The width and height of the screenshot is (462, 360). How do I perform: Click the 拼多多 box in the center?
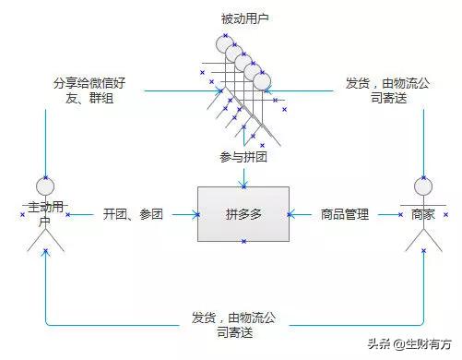click(x=243, y=214)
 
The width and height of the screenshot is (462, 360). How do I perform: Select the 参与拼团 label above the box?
click(x=243, y=157)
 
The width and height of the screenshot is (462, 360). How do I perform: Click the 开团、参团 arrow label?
click(x=133, y=214)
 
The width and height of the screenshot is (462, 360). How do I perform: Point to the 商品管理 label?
click(x=344, y=214)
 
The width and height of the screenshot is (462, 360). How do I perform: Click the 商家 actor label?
click(x=422, y=213)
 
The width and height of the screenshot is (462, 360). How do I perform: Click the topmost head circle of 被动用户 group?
click(x=223, y=43)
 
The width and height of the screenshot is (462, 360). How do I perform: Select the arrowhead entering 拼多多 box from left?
click(x=195, y=214)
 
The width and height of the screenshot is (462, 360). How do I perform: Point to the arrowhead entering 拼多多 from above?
click(x=243, y=182)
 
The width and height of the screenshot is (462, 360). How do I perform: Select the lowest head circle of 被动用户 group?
click(x=263, y=81)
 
